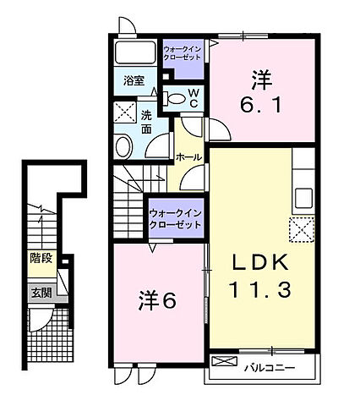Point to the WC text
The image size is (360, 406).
194,98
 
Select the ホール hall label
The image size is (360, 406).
187,157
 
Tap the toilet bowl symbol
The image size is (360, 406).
175,99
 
